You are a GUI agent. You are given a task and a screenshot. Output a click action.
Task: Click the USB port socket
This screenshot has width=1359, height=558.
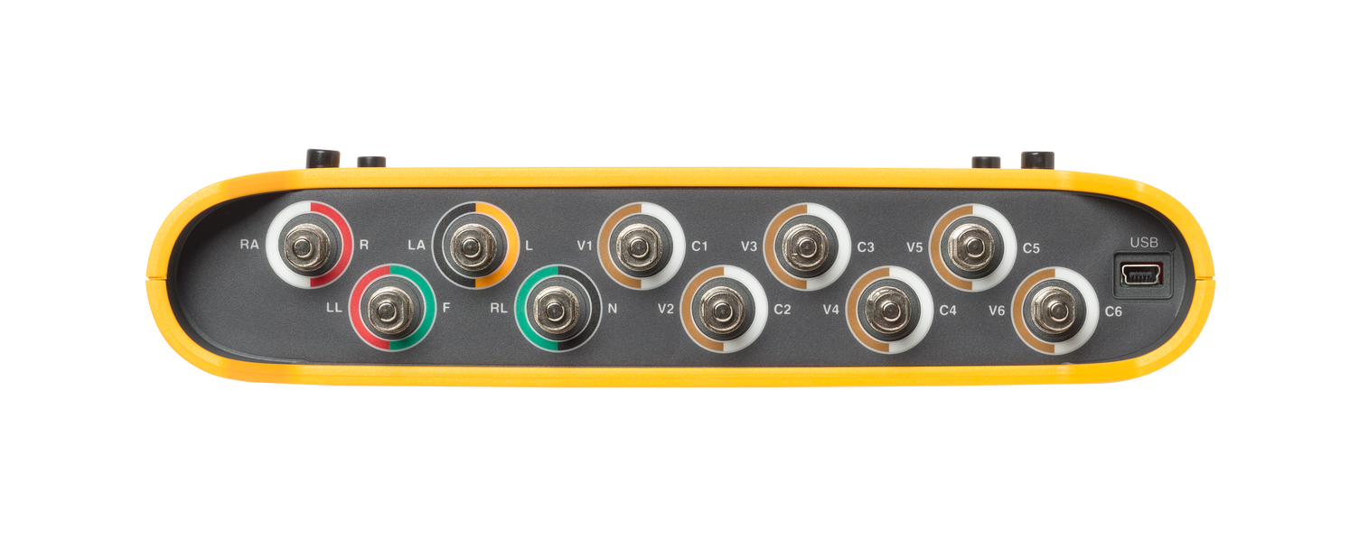pyautogui.click(x=1141, y=274)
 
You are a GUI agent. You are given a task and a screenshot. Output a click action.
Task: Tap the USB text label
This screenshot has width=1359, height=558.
pyautogui.click(x=1144, y=243)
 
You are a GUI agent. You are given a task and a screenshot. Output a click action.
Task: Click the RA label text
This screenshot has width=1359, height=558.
pyautogui.click(x=249, y=245)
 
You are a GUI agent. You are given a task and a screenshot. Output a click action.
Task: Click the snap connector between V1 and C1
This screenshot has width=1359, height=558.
pyautogui.click(x=639, y=246)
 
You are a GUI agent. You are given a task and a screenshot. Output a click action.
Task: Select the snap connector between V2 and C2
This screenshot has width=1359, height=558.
pyautogui.click(x=722, y=310)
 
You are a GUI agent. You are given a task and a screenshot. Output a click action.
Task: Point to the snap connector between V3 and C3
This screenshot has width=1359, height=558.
pyautogui.click(x=806, y=246)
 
